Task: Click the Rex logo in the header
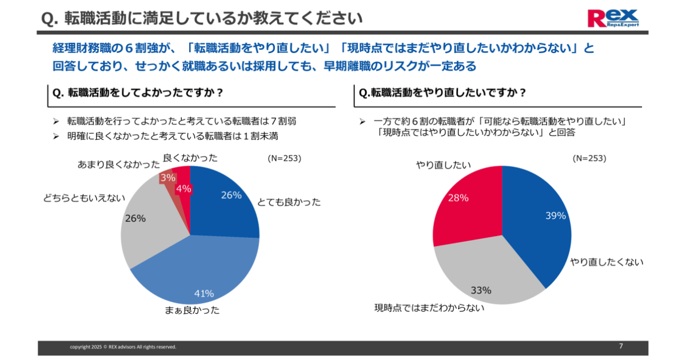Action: (x=613, y=18)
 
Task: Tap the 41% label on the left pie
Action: (x=204, y=294)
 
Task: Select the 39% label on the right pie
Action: (x=556, y=215)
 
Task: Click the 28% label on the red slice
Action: (x=458, y=198)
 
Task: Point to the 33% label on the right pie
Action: (x=481, y=290)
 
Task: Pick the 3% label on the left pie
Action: (x=168, y=178)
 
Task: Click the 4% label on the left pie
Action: (x=184, y=188)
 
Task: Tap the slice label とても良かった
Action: (x=289, y=202)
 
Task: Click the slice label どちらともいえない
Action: (x=83, y=198)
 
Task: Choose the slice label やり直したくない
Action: (x=607, y=262)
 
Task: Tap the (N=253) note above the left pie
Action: (x=284, y=158)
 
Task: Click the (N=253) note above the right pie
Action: (x=589, y=158)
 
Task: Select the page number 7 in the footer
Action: (x=621, y=346)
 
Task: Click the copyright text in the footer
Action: (x=123, y=347)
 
